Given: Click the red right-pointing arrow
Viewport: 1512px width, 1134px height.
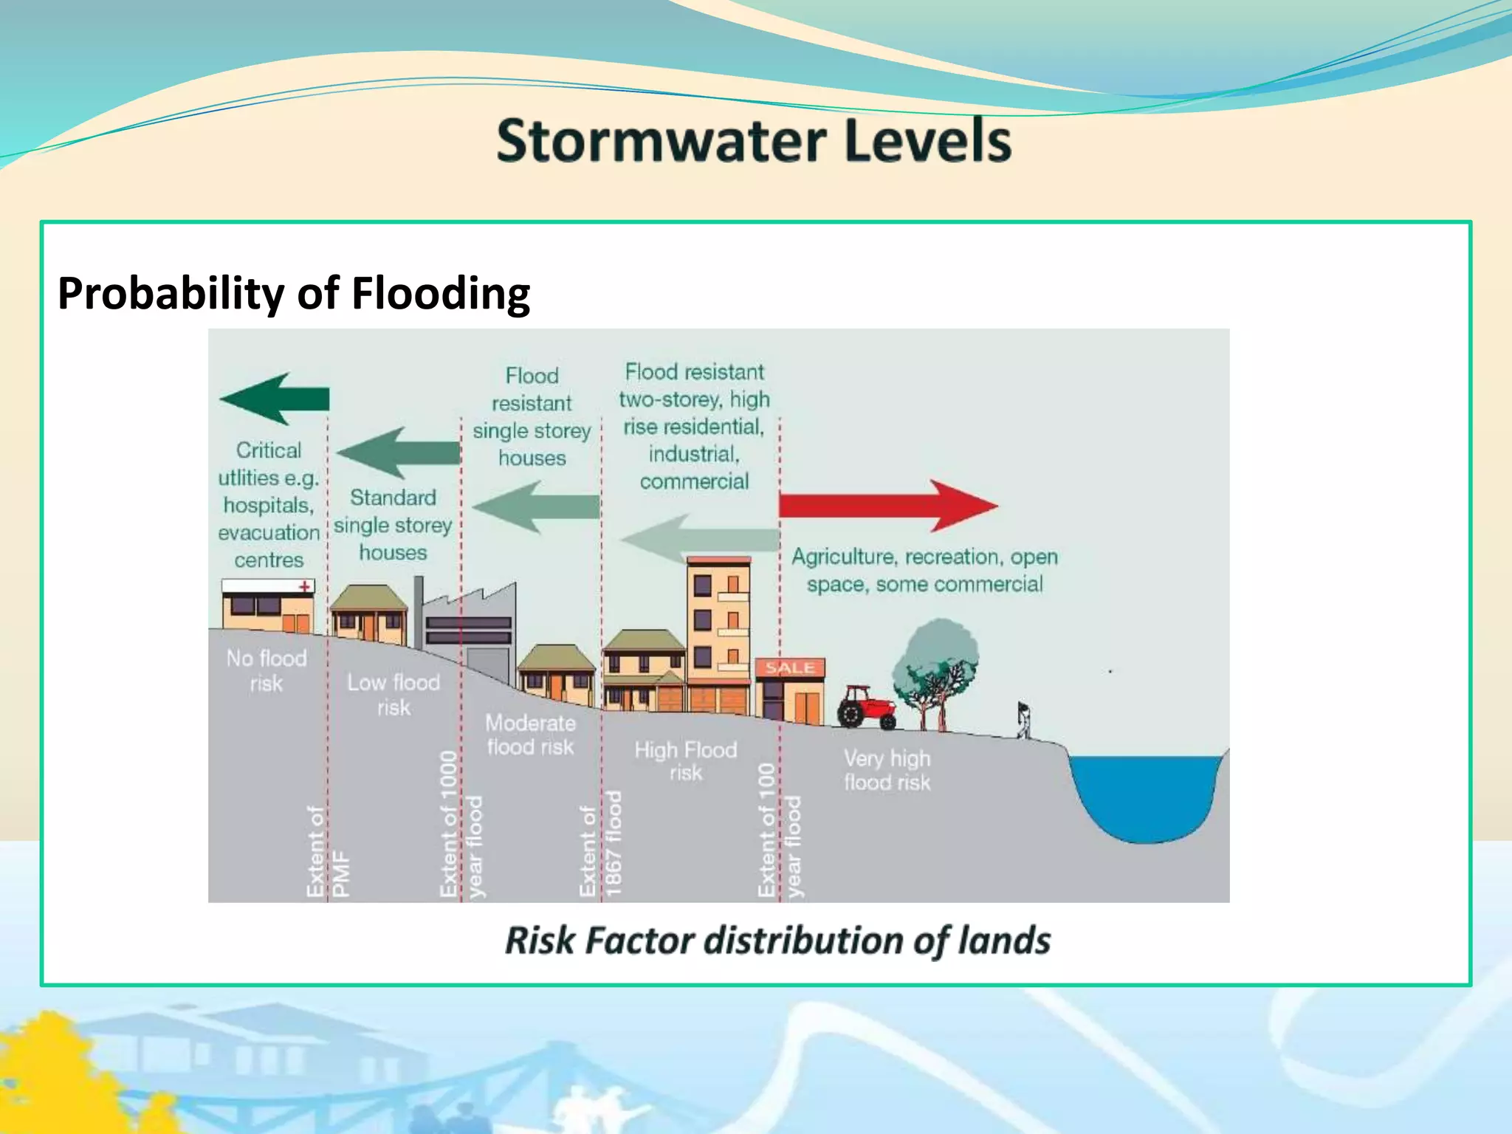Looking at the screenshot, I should (886, 506).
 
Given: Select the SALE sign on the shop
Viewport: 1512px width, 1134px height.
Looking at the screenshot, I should (789, 668).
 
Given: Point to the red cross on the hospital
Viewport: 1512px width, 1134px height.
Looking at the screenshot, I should (303, 587).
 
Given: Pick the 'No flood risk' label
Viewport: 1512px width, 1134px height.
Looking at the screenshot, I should (267, 670).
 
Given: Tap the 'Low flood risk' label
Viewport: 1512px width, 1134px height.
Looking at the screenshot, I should (394, 695).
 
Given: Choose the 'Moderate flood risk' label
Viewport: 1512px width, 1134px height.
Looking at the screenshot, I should (530, 735).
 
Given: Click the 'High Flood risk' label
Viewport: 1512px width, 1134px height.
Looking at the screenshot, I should (686, 761).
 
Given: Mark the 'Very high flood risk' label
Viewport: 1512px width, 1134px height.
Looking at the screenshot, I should (887, 770).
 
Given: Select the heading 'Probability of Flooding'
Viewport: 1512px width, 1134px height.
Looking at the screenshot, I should (294, 293).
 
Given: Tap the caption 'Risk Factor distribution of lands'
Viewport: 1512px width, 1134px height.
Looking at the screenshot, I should (777, 941).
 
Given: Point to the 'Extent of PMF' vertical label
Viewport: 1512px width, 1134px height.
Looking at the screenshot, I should (328, 853).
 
